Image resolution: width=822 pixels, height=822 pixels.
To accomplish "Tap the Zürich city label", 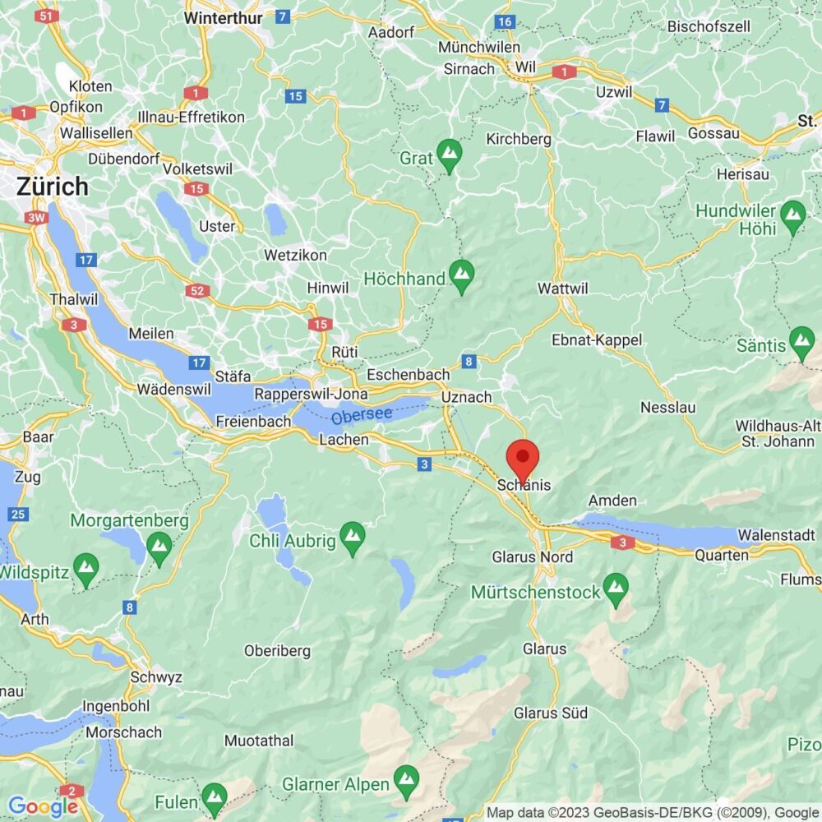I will tap(52, 187).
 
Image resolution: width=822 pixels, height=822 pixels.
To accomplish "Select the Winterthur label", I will tap(224, 17).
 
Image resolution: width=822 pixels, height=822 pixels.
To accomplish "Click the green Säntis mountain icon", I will tap(801, 339).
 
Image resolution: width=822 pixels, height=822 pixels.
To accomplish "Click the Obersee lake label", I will tap(362, 417).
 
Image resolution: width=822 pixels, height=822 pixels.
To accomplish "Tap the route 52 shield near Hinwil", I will tap(198, 291).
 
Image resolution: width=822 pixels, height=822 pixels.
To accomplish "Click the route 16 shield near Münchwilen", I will tap(505, 21).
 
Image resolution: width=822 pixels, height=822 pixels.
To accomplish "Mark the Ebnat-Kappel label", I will tap(597, 339).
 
